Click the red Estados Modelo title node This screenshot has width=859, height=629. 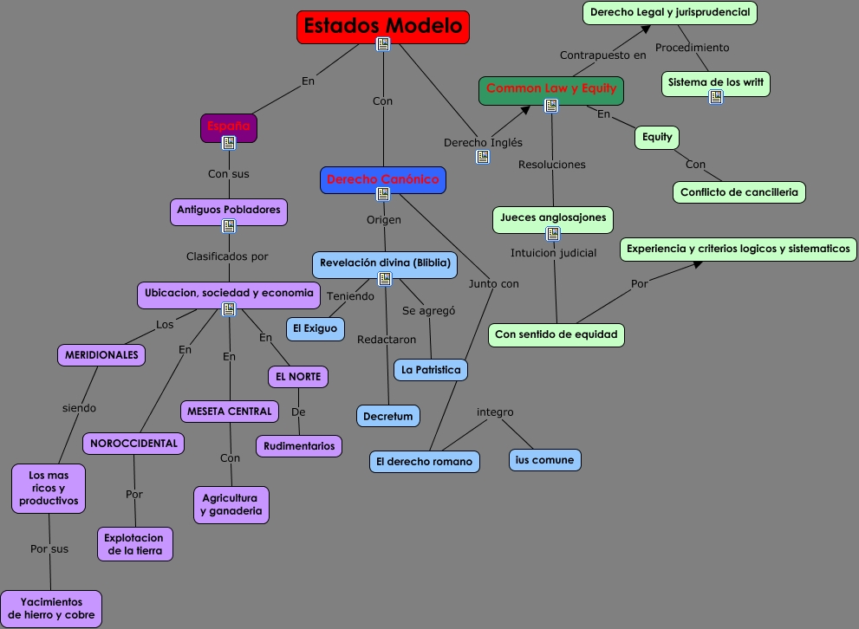click(x=382, y=26)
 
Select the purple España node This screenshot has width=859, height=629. click(x=229, y=126)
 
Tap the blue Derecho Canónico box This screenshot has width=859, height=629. click(x=383, y=179)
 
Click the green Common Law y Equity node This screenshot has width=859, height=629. click(x=550, y=89)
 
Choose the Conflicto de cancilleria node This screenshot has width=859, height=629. click(x=739, y=191)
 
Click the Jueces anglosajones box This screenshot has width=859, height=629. click(x=553, y=218)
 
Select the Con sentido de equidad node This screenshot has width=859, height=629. click(x=556, y=334)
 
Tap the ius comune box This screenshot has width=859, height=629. click(x=544, y=460)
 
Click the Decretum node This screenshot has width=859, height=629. click(x=387, y=416)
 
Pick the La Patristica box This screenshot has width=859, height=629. click(x=431, y=370)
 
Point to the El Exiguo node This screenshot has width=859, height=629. click(x=315, y=328)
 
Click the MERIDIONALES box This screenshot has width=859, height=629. click(x=101, y=354)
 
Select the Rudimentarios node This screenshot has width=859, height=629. click(x=299, y=446)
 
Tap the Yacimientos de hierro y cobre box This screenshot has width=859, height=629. click(x=51, y=609)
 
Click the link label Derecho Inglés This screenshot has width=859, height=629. click(x=483, y=143)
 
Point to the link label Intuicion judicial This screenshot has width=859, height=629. click(x=553, y=254)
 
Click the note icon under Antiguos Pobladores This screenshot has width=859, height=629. click(x=229, y=226)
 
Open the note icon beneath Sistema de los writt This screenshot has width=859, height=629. click(x=715, y=97)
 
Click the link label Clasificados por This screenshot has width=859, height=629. click(x=227, y=256)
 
